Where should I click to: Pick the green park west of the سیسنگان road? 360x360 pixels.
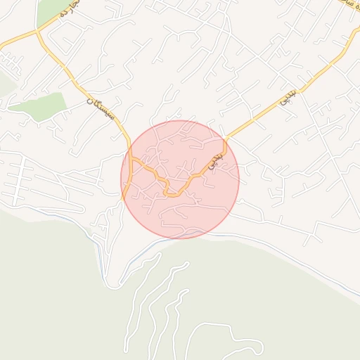click(39, 105)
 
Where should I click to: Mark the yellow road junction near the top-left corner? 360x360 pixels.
click(37, 32)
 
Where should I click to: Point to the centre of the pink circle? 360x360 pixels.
click(180, 179)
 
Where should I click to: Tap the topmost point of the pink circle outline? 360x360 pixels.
click(180, 120)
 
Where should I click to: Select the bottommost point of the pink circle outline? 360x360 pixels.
click(180, 238)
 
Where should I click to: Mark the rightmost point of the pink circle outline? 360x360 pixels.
click(239, 179)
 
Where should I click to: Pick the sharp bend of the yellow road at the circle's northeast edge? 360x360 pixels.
click(225, 139)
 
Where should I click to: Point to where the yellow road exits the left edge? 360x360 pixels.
click(1, 47)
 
